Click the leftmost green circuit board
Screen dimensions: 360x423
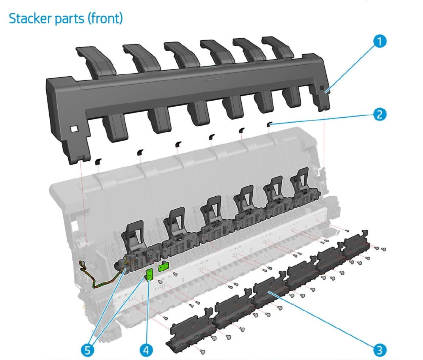pos(149,274)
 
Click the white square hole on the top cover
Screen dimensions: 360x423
pos(74,129)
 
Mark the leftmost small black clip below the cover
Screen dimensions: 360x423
pos(98,161)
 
